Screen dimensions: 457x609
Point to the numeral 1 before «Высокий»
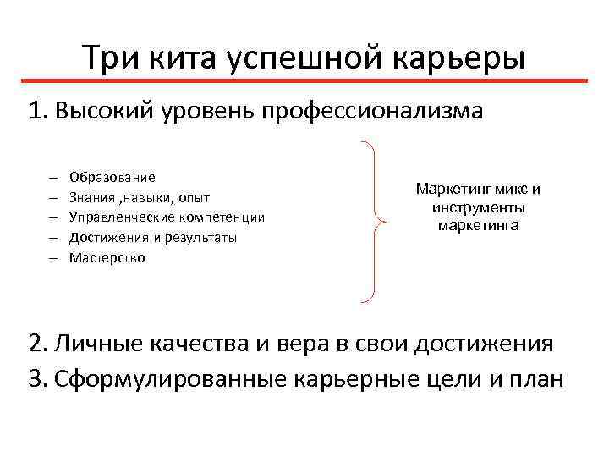pyautogui.click(x=35, y=112)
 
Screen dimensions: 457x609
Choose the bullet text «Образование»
pyautogui.click(x=112, y=177)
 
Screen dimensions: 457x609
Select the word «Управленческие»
pyautogui.click(x=118, y=217)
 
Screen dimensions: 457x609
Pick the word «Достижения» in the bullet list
pyautogui.click(x=106, y=238)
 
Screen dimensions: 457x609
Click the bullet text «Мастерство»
pyautogui.click(x=107, y=258)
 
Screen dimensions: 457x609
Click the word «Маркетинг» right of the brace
pyautogui.click(x=449, y=189)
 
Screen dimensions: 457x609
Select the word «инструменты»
pyautogui.click(x=478, y=207)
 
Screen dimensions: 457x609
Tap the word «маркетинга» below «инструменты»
pyautogui.click(x=478, y=226)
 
